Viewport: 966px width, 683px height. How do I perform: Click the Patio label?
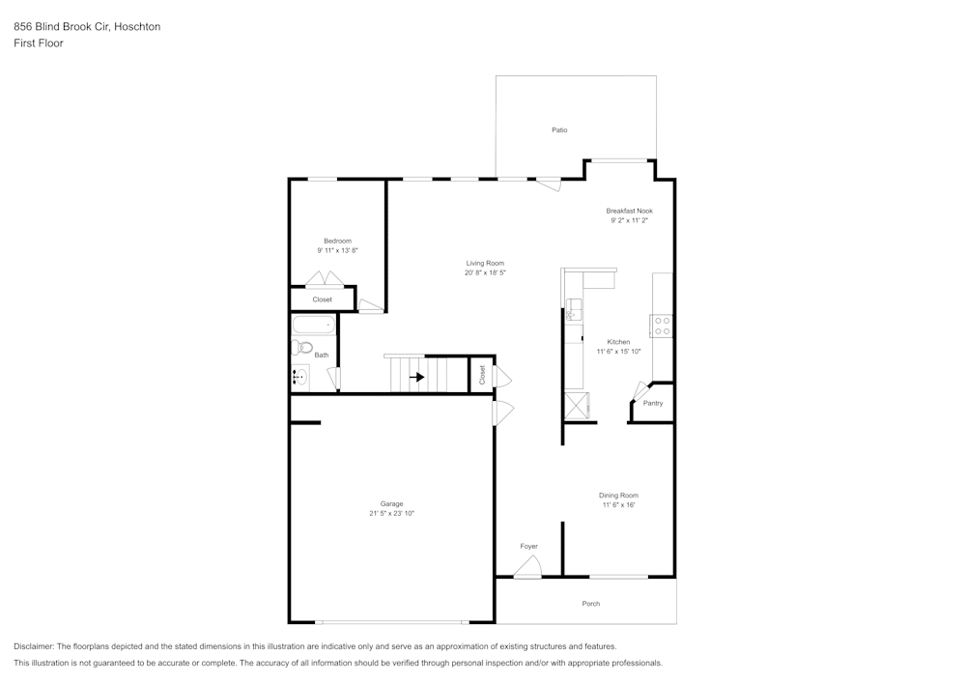[559, 129]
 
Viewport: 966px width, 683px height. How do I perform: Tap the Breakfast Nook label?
[629, 211]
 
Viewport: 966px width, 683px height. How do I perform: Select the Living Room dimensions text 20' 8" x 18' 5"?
[485, 273]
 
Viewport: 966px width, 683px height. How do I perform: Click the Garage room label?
[391, 503]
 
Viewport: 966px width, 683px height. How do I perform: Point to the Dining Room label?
[618, 496]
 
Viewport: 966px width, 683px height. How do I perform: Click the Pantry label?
[653, 403]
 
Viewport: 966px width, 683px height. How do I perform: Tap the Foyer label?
[528, 547]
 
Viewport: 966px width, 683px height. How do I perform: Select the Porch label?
[590, 604]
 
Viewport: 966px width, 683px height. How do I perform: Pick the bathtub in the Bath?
[312, 324]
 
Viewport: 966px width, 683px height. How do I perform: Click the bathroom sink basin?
[300, 377]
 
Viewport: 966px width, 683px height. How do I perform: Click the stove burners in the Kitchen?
[662, 326]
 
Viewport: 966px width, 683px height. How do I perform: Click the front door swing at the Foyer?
[527, 571]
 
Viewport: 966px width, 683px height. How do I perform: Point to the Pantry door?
[639, 390]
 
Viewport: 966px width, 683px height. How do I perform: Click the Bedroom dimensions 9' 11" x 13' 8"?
[337, 250]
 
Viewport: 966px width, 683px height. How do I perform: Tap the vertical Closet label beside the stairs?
[482, 375]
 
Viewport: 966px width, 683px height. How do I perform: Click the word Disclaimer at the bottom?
[34, 646]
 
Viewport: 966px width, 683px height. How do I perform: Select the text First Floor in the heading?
[38, 43]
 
